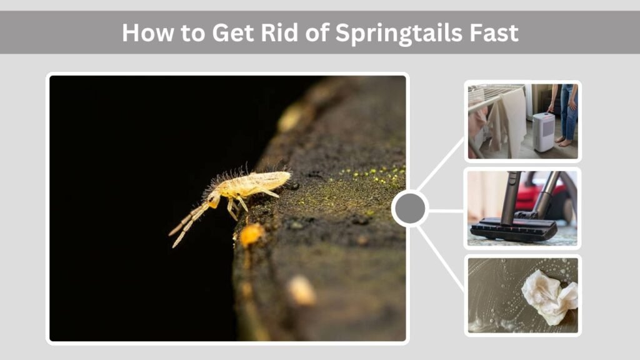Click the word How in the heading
pos(144,32)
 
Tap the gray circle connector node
pos(410,208)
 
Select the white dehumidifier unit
pos(543,132)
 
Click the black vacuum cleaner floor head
pos(513,230)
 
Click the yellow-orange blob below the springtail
pos(251,235)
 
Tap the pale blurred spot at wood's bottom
pos(301,290)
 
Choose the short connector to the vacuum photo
pos(446,209)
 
